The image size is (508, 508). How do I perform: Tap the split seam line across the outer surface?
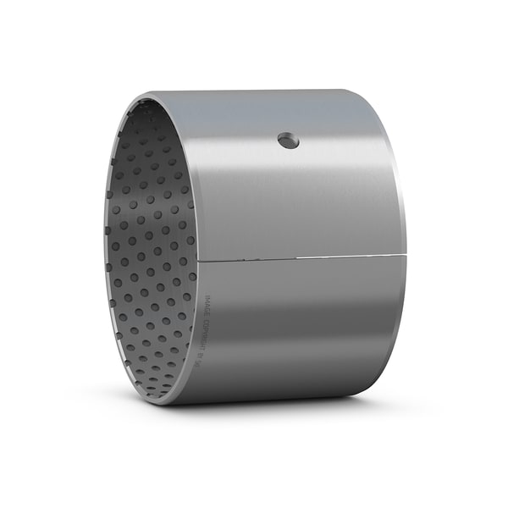pyautogui.click(x=296, y=257)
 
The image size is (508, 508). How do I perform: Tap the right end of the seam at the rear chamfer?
pyautogui.click(x=406, y=253)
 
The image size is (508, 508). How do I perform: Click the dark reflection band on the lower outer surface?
pyautogui.click(x=296, y=373)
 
